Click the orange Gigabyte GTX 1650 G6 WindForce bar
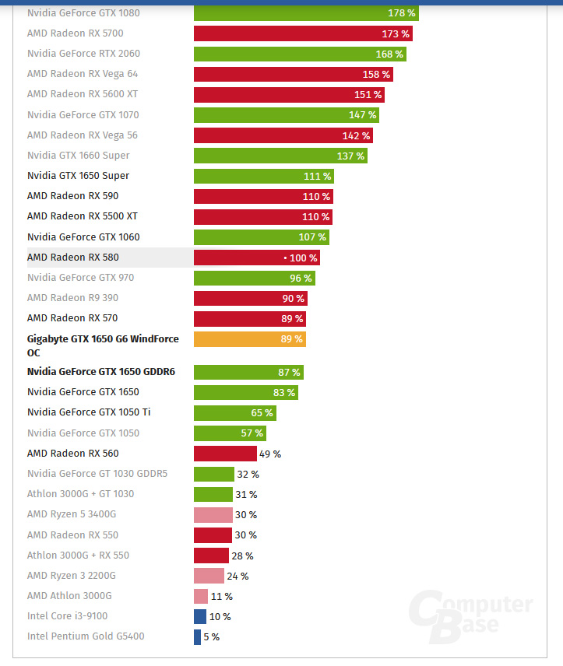249,339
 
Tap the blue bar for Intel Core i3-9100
200,616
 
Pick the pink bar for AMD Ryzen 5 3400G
213,515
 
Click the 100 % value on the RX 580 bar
303,258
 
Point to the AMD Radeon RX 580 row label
73,258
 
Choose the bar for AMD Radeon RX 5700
303,33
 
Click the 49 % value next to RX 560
270,454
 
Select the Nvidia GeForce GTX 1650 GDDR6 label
101,372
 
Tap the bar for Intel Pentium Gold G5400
197,636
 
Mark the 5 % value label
211,637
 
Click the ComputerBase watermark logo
472,617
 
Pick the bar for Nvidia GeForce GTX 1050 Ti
234,412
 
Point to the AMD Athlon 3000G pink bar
201,596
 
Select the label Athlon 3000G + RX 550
78,556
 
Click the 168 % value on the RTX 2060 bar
389,54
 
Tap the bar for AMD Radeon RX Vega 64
293,74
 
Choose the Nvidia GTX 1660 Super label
78,156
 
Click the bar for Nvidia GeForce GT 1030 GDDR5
214,474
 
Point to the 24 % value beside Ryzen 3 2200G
238,577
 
